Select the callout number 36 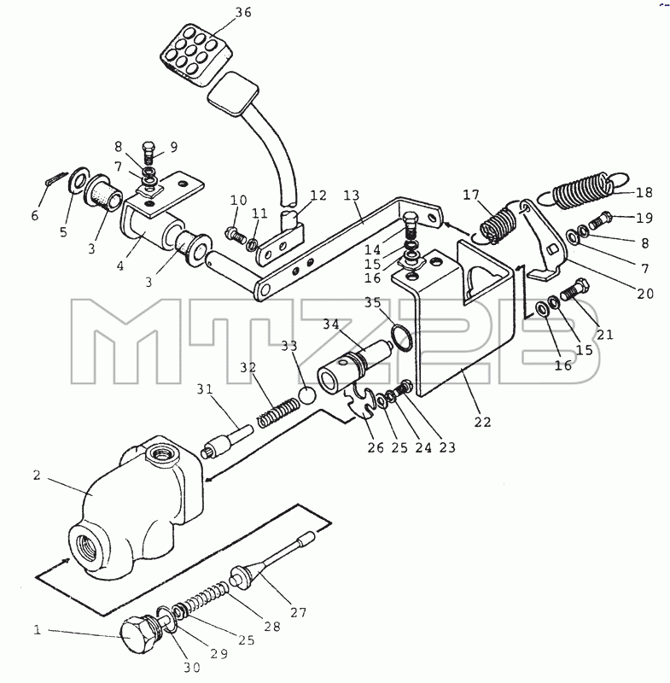pos(243,12)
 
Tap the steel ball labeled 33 pos(307,395)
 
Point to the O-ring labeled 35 pos(401,336)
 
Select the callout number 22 pos(482,422)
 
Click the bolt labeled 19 pos(600,219)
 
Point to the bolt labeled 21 pos(575,289)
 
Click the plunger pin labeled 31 pos(227,441)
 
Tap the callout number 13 pos(351,195)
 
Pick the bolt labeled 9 pos(149,153)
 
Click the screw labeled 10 pos(234,235)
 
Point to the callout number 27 pos(298,612)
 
